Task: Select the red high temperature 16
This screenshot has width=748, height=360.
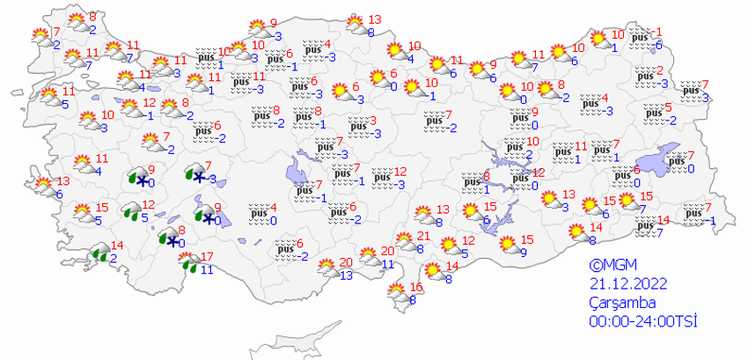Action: pos(417,287)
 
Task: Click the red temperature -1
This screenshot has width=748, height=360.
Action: pos(656,32)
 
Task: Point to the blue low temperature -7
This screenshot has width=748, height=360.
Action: pos(659,232)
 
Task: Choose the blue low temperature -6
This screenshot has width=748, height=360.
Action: pos(657,45)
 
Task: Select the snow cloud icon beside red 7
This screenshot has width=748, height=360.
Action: pos(196,174)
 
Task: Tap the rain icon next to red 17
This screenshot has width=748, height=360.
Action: pos(187,261)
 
